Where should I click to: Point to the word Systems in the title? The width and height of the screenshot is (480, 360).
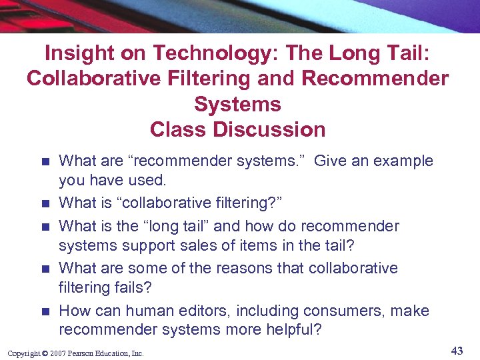(x=237, y=103)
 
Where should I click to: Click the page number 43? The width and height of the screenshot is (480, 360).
(x=457, y=351)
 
